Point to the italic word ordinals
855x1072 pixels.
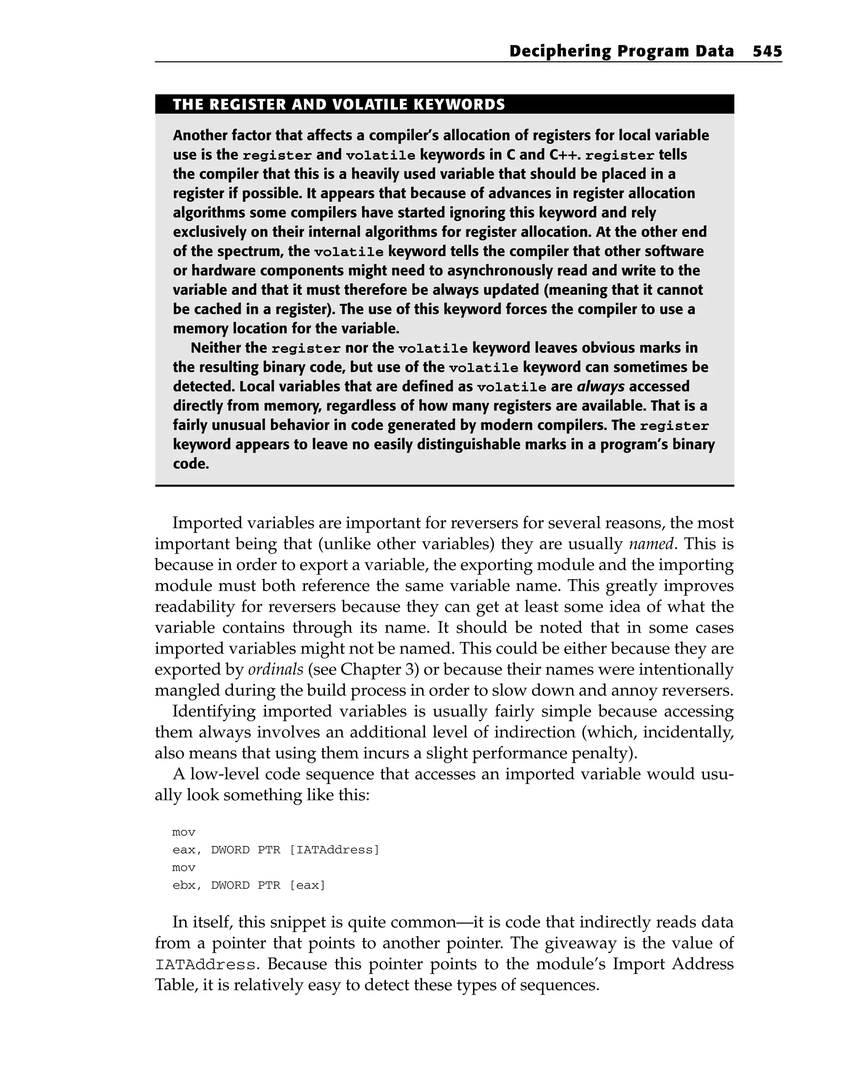[x=276, y=669]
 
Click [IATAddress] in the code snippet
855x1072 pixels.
[x=334, y=850]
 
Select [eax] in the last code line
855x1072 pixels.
[x=307, y=885]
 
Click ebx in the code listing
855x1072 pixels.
[x=184, y=885]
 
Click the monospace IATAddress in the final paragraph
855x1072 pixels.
[x=206, y=965]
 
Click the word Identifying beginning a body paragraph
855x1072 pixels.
[x=214, y=712]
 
